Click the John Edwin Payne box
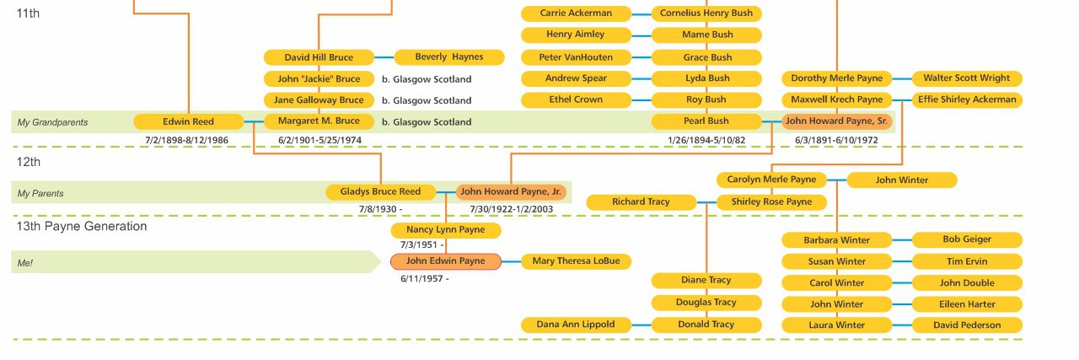point(445,261)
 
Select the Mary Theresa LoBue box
point(576,261)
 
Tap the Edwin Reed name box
point(188,121)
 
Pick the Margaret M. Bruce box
point(319,121)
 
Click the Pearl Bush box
point(706,121)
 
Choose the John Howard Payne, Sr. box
point(836,121)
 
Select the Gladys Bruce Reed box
point(380,192)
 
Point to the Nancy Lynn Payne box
point(445,230)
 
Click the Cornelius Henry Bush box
point(706,13)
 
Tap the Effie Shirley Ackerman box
point(967,99)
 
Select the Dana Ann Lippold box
point(576,325)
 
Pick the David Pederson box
point(967,325)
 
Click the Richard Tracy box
point(641,202)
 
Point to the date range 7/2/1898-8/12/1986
point(186,140)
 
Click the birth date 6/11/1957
point(424,278)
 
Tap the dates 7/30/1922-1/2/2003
point(512,209)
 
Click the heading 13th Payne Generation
point(82,226)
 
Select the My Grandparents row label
point(52,123)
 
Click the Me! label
point(25,263)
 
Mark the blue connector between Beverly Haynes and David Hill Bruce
point(385,57)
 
